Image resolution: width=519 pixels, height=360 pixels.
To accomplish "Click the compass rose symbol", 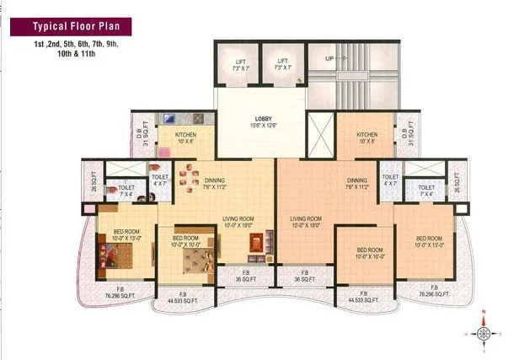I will pyautogui.click(x=484, y=334).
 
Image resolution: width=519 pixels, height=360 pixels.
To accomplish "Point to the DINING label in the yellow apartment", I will pyautogui.click(x=215, y=180).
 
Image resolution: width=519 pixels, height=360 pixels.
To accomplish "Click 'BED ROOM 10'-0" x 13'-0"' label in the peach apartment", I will pyautogui.click(x=428, y=241).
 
